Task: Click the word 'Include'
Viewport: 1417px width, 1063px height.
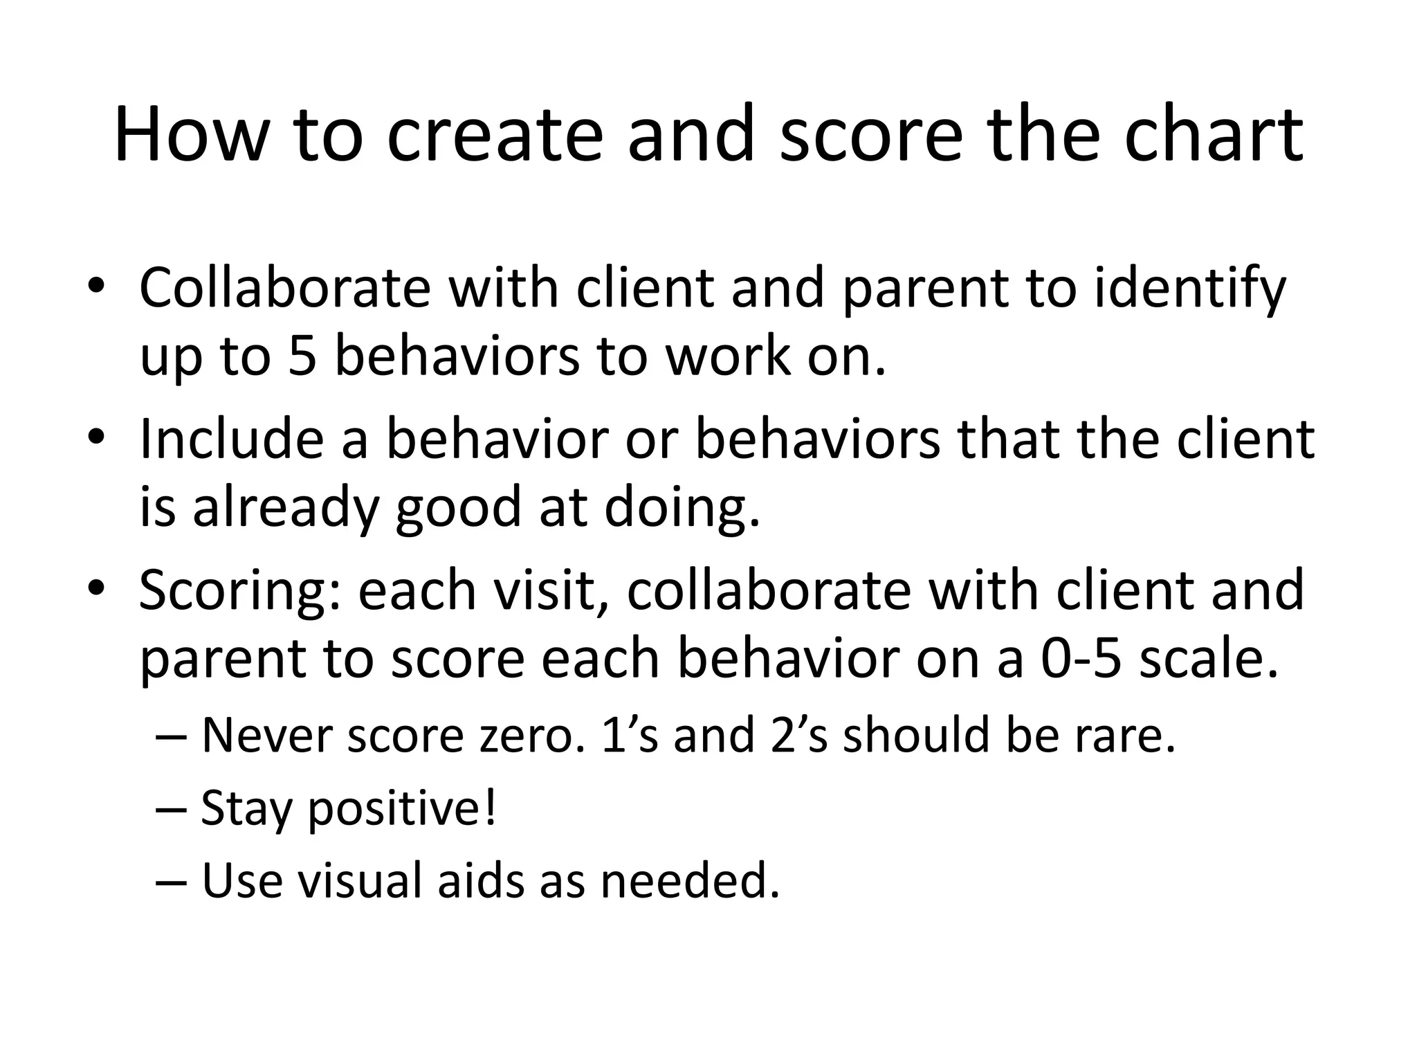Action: click(231, 439)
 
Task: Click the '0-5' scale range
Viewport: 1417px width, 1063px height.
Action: click(1081, 659)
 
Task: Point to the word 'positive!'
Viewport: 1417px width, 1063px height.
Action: click(401, 808)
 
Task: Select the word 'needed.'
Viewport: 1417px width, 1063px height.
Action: click(690, 881)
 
